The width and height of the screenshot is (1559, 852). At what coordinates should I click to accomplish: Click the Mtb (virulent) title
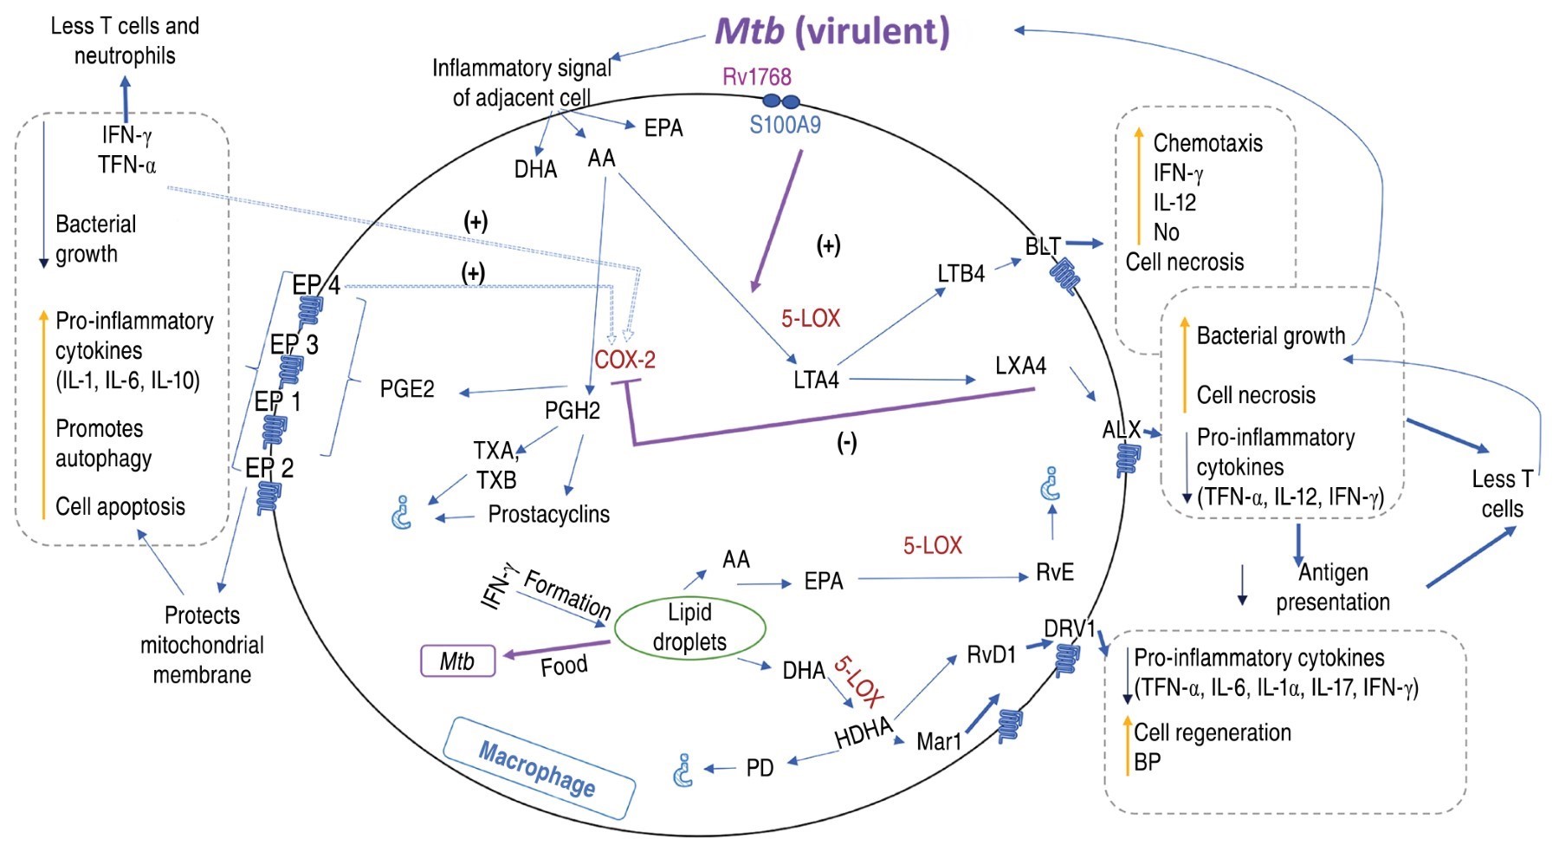pos(831,31)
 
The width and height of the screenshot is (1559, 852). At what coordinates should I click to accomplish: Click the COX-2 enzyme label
pos(624,359)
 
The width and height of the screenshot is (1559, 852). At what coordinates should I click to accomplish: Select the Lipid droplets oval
pos(689,627)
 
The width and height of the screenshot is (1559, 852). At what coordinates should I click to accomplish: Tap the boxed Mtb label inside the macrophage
pos(457,661)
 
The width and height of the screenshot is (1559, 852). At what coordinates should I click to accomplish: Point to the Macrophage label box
pos(539,767)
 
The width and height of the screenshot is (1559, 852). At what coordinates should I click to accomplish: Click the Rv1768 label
pos(756,76)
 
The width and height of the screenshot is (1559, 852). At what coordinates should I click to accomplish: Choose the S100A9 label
pos(785,125)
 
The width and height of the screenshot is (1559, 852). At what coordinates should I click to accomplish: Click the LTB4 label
pos(961,274)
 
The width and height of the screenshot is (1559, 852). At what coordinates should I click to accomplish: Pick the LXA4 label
pos(1020,366)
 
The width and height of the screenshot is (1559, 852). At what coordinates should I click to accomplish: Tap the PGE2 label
pos(407,389)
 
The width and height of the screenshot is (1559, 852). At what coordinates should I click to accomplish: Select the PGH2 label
pos(572,410)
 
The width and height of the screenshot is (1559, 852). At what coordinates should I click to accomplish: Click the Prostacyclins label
pos(548,514)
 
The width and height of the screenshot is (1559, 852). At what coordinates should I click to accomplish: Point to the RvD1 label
pos(991,654)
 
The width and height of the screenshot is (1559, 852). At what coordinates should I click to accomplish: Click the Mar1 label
pos(939,741)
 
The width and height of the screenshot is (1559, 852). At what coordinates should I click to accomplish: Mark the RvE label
pos(1054,573)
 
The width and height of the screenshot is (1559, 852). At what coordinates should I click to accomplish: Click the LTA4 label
pos(816,380)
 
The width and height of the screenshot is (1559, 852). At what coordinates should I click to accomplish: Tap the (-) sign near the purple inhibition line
pos(846,443)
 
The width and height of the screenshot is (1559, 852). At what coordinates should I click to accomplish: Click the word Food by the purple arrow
pos(564,666)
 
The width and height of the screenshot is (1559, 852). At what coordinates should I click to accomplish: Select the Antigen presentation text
pos(1332,587)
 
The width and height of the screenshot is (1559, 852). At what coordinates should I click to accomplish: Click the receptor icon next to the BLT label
pos(1064,276)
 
